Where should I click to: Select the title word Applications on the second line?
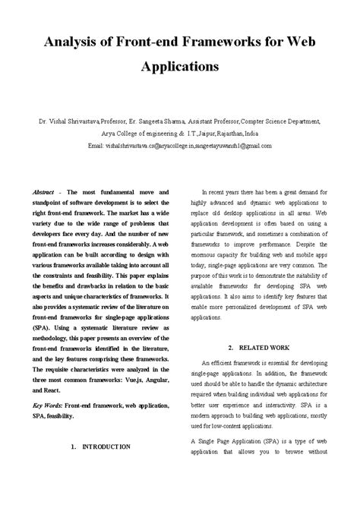point(180,66)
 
